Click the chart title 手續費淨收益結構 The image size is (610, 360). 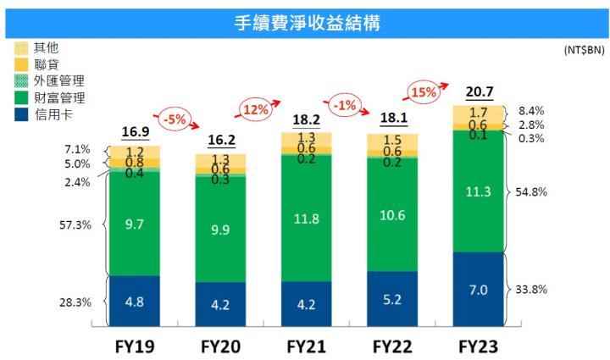pos(306,23)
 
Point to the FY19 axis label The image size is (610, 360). pos(134,347)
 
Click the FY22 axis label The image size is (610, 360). pos(392,347)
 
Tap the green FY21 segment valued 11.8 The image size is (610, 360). pos(306,219)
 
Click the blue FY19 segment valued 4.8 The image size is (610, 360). pos(134,300)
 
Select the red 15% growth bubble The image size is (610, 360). pos(424,91)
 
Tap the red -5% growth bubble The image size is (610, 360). pos(175,119)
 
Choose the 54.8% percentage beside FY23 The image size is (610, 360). pos(530,192)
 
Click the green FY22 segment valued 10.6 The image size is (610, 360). pos(392,215)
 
